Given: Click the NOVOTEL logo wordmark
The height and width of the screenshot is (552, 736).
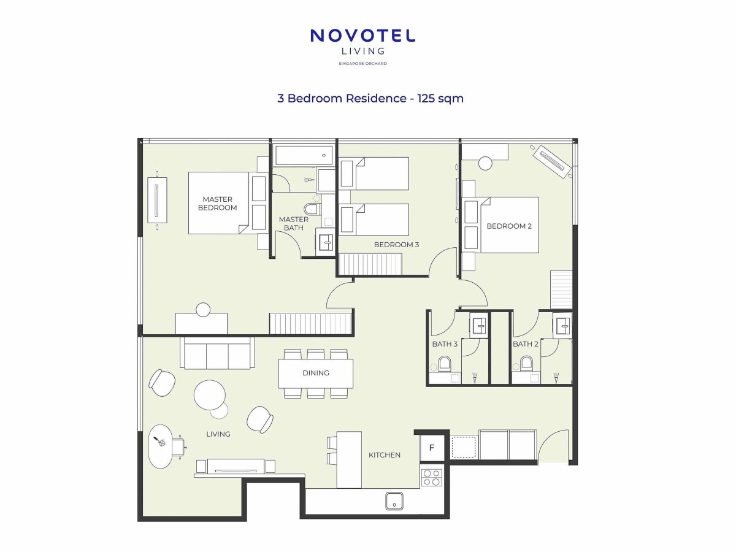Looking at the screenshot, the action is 363,36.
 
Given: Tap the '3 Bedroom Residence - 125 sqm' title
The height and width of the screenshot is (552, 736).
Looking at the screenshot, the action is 370,98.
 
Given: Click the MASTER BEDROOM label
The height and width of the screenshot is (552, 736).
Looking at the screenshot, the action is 217,204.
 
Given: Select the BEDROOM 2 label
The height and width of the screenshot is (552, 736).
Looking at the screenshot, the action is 509,226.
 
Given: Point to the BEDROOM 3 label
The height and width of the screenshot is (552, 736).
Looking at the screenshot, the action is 396,245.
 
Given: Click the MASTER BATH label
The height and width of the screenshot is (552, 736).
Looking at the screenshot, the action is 293,223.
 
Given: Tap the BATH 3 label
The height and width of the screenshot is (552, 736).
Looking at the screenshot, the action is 445,344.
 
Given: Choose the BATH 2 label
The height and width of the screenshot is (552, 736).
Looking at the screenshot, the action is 526,344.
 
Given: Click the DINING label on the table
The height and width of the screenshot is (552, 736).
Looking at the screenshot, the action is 316,373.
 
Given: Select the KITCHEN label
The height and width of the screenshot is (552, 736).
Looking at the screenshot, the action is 385,455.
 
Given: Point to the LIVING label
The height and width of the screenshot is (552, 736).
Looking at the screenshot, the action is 218,434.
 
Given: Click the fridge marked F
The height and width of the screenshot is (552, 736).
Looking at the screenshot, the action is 432,448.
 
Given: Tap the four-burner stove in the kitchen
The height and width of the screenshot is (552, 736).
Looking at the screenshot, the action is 432,478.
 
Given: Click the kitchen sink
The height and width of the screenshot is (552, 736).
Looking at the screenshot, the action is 394,501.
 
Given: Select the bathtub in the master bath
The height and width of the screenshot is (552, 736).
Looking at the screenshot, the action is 304,155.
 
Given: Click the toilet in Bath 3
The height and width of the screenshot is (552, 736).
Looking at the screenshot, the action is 445,364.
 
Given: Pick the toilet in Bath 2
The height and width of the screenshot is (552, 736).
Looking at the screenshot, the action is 526,364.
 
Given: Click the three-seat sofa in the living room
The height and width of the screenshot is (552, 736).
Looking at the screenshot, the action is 217,353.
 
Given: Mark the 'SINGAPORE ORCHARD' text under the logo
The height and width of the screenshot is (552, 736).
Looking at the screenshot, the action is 362,64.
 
